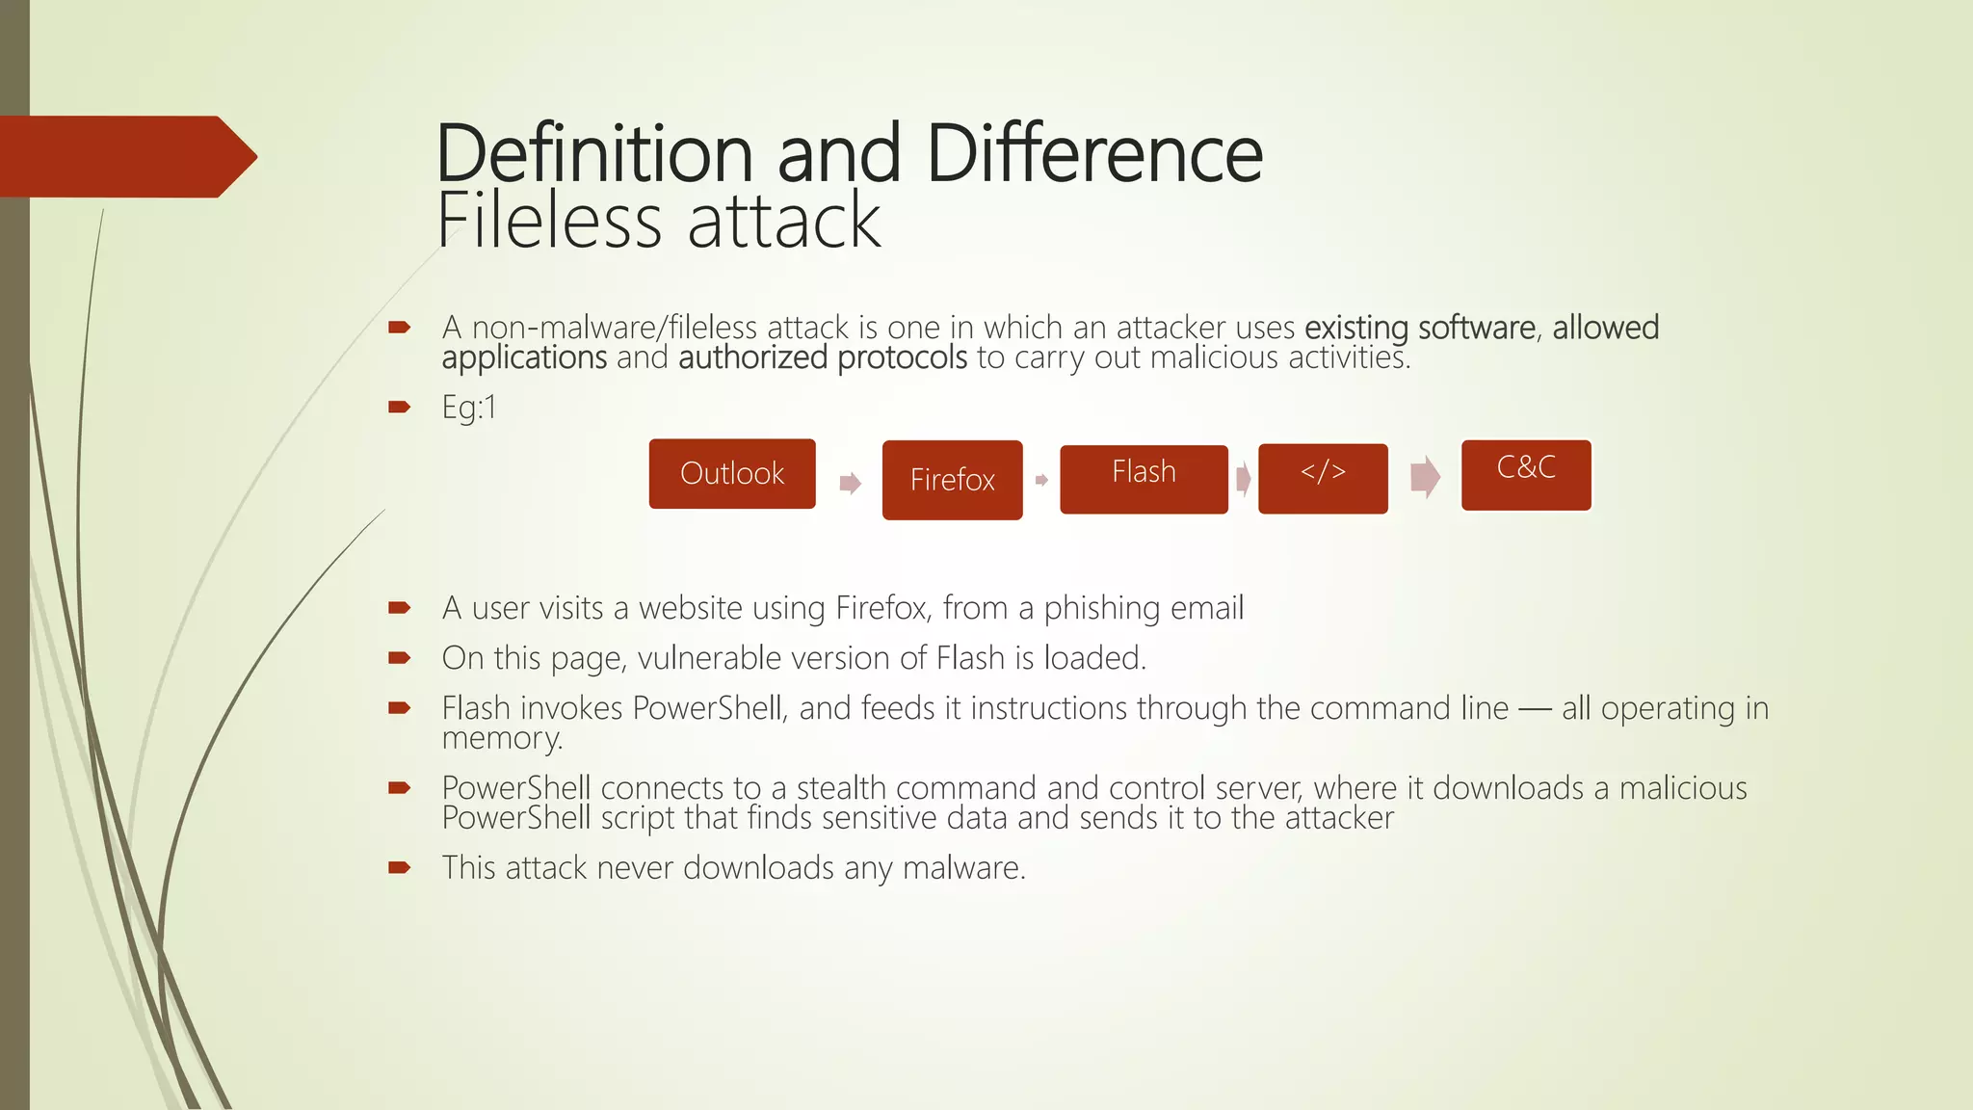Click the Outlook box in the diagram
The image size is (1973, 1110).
[x=732, y=474]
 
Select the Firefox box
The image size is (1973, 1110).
[x=952, y=480]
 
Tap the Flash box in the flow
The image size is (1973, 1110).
[x=1144, y=479]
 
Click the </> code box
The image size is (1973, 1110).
[x=1323, y=479]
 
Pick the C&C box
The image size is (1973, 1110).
[x=1526, y=475]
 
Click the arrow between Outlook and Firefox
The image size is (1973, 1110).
[x=850, y=483]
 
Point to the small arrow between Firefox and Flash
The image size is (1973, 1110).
[x=1041, y=480]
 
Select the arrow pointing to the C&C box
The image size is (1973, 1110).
[x=1425, y=477]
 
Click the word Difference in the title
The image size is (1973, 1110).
[x=1094, y=154]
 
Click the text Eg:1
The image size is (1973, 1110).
[x=469, y=408]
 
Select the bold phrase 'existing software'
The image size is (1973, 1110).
[x=1420, y=328]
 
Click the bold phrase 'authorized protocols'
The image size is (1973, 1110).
[x=823, y=357]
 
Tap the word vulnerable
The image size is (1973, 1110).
[x=710, y=658]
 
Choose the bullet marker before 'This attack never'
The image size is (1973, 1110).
[x=399, y=868]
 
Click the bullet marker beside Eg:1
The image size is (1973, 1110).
[x=399, y=408]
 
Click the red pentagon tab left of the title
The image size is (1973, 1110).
[x=125, y=156]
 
